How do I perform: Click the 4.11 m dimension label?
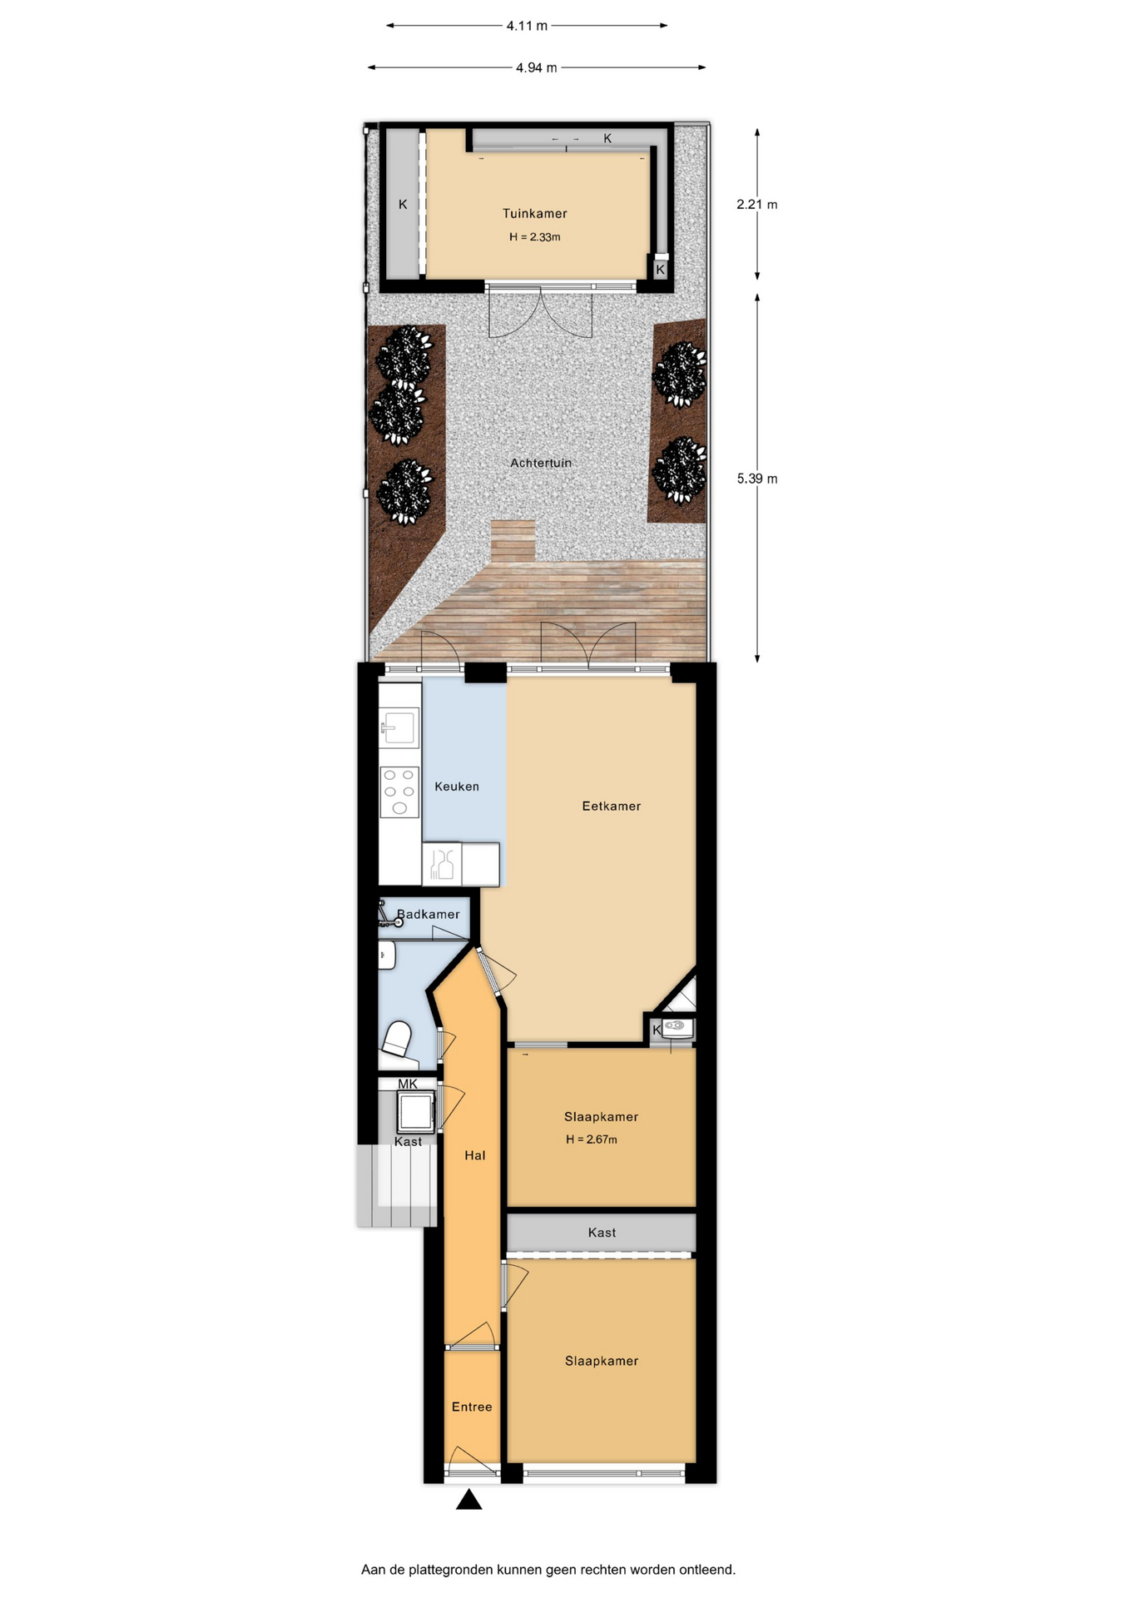coord(527,26)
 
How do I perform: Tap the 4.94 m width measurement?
coord(536,67)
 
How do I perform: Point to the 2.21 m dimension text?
coord(756,204)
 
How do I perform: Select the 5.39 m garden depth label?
coord(756,479)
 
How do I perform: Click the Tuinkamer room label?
coord(534,214)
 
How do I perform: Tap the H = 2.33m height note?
coord(534,237)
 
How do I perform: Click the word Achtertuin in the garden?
coord(541,463)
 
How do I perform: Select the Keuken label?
coord(457,787)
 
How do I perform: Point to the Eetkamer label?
coord(612,806)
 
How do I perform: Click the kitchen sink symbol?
coord(399,727)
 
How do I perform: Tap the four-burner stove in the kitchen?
coord(399,792)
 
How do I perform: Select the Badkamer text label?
coord(428,915)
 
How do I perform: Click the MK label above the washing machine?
coord(408,1084)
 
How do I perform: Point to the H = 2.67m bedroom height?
coord(592,1139)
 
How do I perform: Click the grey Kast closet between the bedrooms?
coord(602,1233)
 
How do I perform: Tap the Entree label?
coord(472,1407)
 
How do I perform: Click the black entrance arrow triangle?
coord(469,1500)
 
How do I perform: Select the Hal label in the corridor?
coord(475,1155)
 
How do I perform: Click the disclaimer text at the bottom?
coord(548,1570)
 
